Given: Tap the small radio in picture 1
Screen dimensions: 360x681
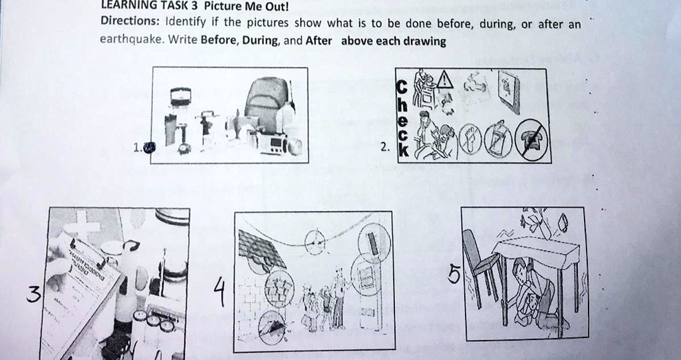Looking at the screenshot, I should [273, 142].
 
